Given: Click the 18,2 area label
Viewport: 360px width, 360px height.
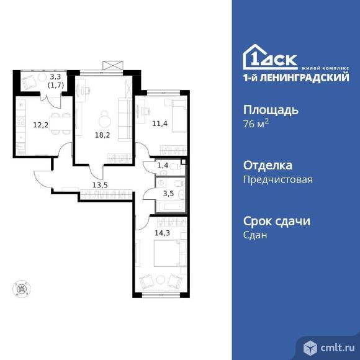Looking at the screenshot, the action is (102, 135).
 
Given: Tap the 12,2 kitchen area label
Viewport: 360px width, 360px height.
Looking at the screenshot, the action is (41, 125).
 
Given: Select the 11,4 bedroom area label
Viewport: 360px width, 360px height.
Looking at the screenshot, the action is (160, 124).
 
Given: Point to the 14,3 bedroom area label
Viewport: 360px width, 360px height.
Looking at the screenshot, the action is (163, 233).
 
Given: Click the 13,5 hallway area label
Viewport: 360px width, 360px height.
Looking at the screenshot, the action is (100, 185).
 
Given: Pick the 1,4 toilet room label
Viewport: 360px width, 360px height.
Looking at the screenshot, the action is (163, 165).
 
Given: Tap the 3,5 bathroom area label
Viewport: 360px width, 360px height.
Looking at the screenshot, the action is (168, 194).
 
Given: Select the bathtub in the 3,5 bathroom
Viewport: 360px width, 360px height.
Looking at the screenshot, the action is (171, 207).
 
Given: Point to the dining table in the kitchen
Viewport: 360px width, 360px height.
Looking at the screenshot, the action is (61, 124).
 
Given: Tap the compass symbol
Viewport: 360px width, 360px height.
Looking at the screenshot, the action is (22, 289).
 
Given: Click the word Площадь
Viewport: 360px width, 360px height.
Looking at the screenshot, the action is (271, 110).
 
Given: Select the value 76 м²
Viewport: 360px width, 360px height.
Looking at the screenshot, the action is (256, 124).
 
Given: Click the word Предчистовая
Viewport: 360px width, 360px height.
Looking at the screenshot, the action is (278, 179).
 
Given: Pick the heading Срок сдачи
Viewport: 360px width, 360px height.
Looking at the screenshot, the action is (277, 222).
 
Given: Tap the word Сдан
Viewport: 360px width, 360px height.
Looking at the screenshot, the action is (255, 235).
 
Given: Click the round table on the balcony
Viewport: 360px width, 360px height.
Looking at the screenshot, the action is (42, 78).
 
